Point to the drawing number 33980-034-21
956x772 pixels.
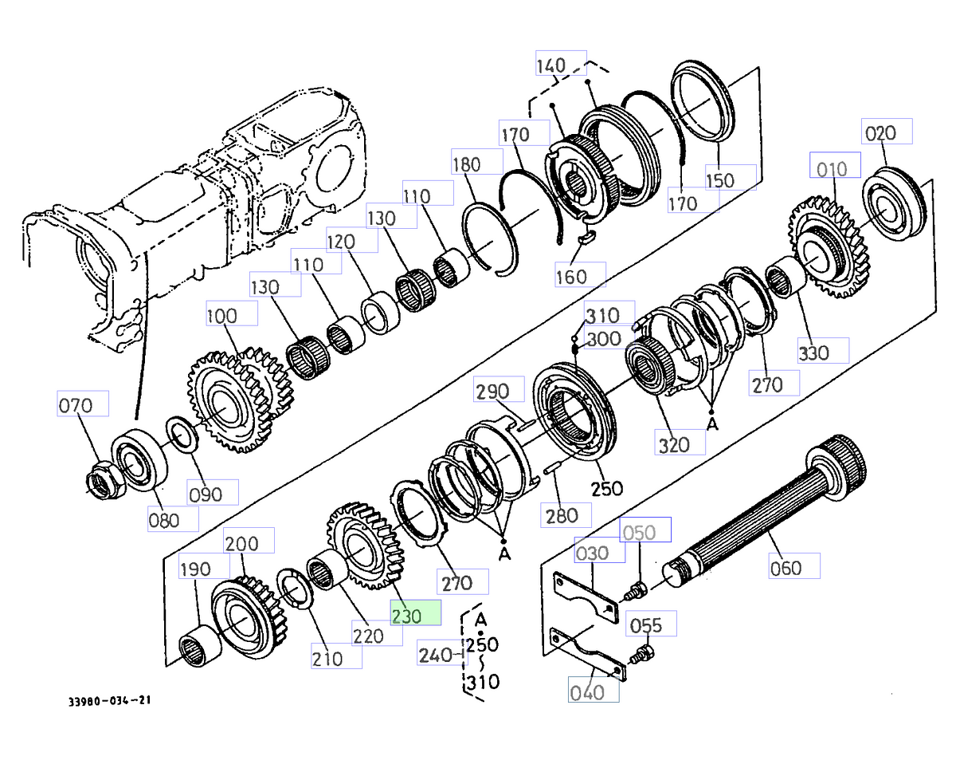pos(109,701)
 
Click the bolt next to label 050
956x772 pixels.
pos(637,591)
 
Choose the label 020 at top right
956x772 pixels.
pos(887,132)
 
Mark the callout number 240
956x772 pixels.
pos(435,656)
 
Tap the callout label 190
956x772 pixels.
pos(195,568)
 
